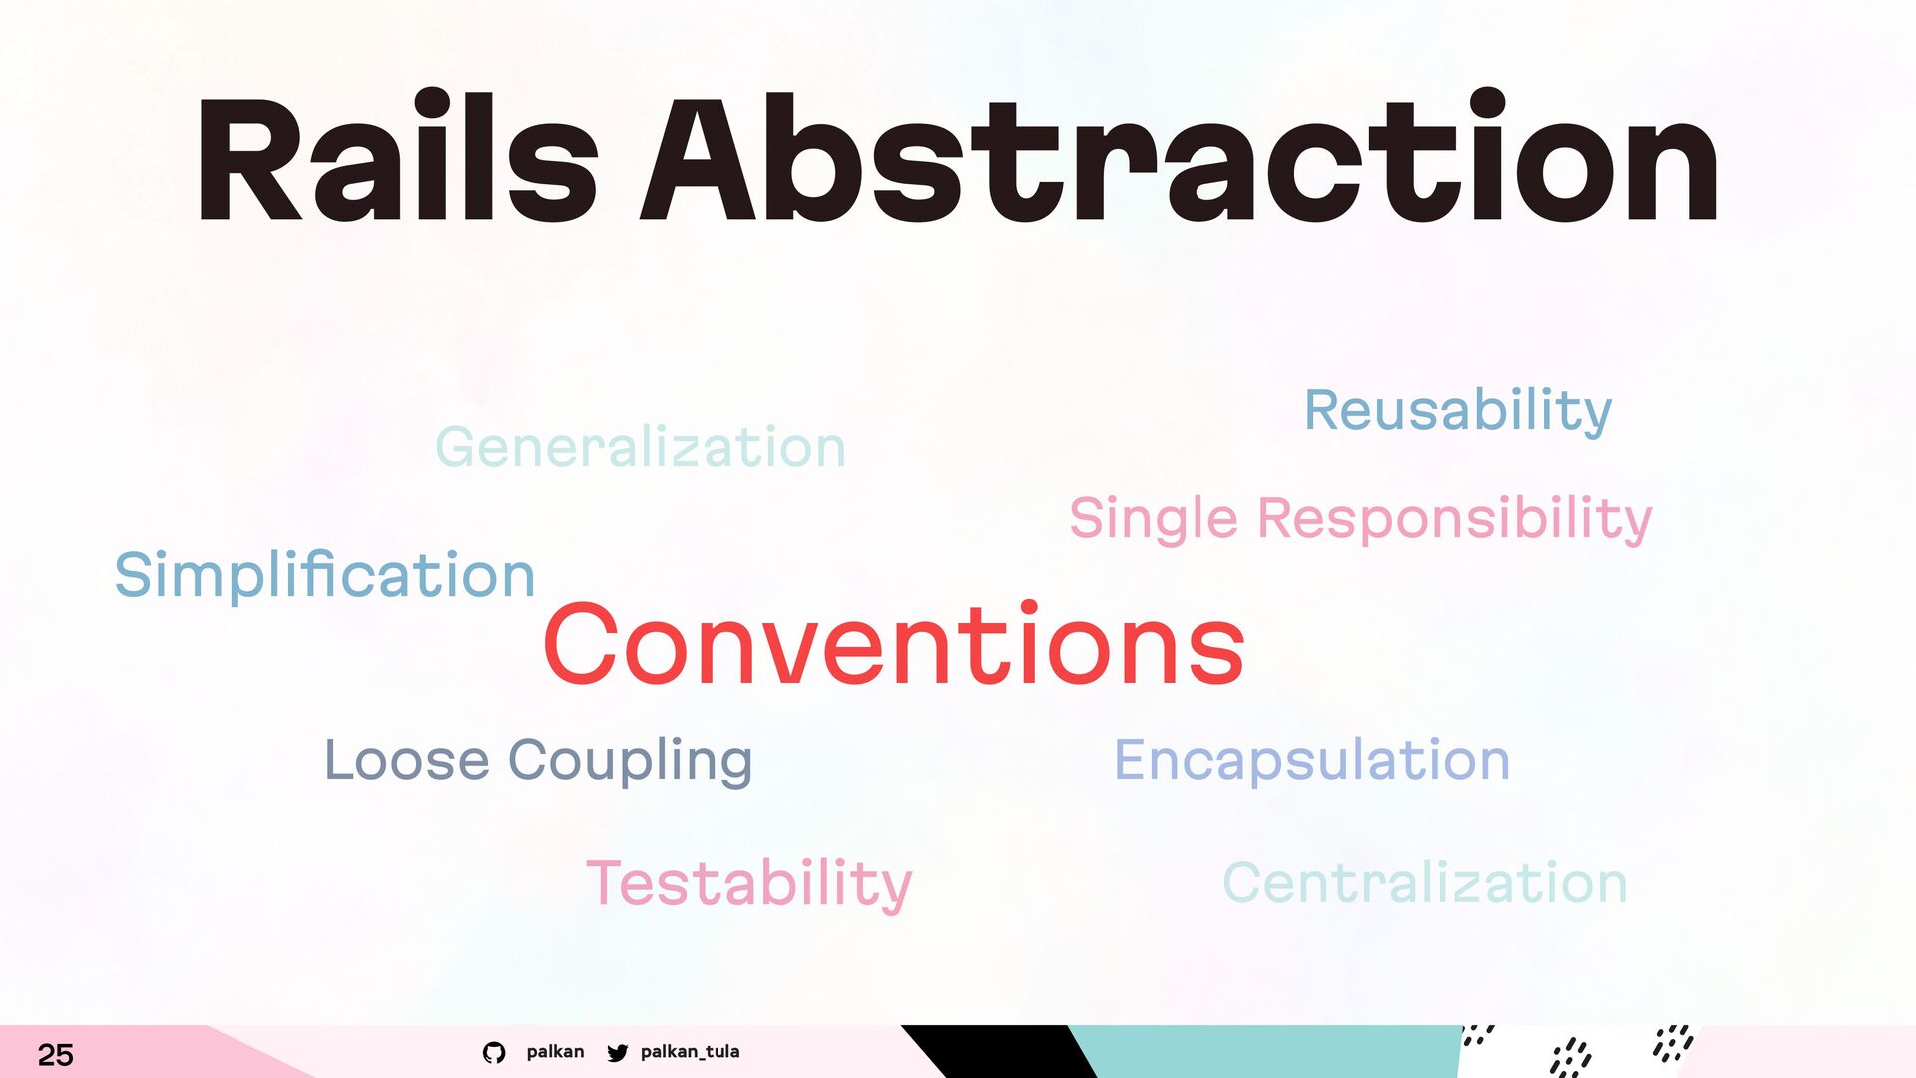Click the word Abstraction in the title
(x=1180, y=156)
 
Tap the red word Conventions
(x=894, y=644)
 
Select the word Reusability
(x=1458, y=410)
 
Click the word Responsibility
(x=1454, y=519)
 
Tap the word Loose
(x=407, y=760)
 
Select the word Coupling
(x=631, y=761)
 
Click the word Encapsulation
(x=1311, y=760)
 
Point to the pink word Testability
(x=749, y=884)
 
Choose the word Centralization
(x=1425, y=883)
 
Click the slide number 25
(x=56, y=1055)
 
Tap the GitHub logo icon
(x=494, y=1052)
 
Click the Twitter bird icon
(x=618, y=1052)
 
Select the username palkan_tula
(x=690, y=1051)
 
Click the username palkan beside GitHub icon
(x=555, y=1051)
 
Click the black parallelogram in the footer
(x=998, y=1051)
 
